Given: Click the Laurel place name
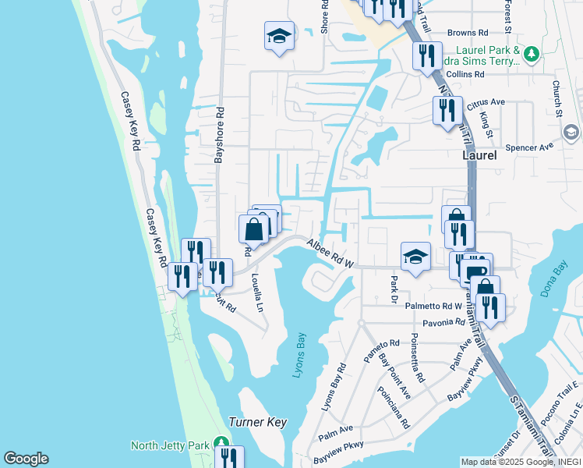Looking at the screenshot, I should click(x=479, y=156).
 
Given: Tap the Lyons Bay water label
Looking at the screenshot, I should click(x=302, y=356).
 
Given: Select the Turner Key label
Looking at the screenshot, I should click(x=257, y=422).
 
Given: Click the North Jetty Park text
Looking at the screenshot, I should click(x=169, y=445).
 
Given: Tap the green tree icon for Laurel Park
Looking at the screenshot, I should click(x=532, y=54).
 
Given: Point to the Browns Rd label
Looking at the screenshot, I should click(x=467, y=34).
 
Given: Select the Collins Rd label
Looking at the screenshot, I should click(x=466, y=74).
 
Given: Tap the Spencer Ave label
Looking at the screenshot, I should click(x=528, y=147).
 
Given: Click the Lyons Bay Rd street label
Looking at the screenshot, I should click(x=334, y=388).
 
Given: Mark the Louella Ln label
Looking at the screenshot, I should click(x=256, y=292).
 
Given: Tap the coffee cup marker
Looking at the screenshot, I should click(x=475, y=271).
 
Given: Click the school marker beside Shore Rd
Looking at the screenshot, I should click(x=278, y=36).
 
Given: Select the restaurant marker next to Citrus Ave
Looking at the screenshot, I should click(x=447, y=109).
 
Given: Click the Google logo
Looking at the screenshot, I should click(x=26, y=459).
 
